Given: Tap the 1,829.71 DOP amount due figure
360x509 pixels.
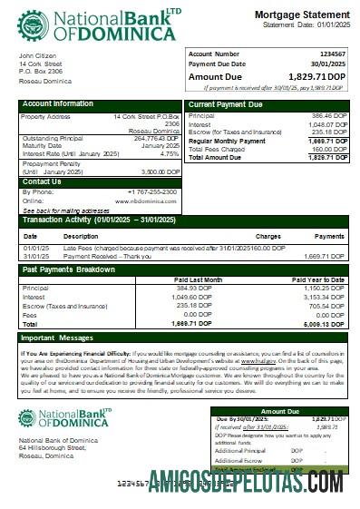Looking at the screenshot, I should (x=317, y=78).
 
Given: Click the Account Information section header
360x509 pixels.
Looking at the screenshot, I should (x=58, y=104).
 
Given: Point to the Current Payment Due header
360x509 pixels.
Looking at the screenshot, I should (x=227, y=104).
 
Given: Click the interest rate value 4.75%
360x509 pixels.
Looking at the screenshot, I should (x=169, y=153).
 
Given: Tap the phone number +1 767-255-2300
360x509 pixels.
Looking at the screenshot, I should (x=153, y=191).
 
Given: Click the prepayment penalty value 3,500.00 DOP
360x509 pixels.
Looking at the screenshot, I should (x=161, y=171).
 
